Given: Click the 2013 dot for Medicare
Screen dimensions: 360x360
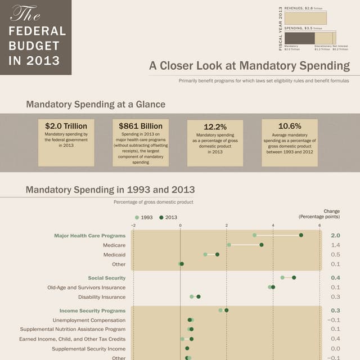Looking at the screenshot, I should pos(262,245).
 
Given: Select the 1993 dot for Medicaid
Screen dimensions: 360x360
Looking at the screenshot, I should pos(205,254).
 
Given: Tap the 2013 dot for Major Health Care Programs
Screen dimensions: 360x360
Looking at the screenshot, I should pos(301,235).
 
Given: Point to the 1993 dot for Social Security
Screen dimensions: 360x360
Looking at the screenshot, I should pos(282,277).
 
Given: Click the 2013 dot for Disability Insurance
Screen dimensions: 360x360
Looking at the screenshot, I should pos(199,296).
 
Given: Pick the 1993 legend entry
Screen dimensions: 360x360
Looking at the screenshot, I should pos(143,217).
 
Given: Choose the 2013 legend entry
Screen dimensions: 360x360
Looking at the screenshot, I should pos(168,217).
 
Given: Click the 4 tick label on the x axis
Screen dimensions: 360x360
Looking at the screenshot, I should pos(273,225).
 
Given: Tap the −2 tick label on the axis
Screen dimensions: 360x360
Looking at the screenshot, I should pos(133,225).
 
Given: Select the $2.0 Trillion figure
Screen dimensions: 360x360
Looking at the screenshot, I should pos(66,127).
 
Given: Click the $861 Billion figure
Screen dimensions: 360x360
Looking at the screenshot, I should pos(141,127).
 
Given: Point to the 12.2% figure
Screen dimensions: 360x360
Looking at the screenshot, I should pos(215,127).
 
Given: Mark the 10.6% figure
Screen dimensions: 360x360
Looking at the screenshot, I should pos(290,126).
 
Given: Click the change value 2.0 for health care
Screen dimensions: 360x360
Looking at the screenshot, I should pos(335,236).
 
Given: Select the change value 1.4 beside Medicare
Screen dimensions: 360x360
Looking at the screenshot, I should pos(335,245).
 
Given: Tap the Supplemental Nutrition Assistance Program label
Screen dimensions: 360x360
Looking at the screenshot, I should pos(73,329).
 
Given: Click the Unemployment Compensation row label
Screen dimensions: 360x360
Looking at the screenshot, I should pos(89,320).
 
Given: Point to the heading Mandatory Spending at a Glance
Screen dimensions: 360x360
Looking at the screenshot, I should pos(96,104).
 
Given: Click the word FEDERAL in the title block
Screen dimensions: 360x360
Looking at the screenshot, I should pos(38,31).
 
